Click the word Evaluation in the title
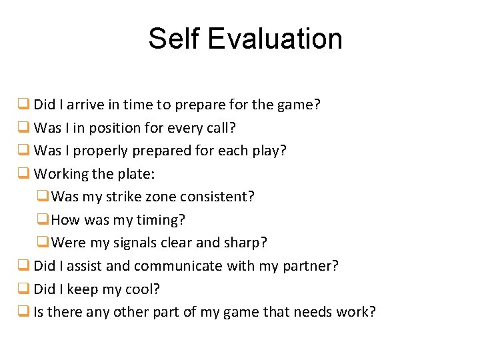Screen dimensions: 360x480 275,39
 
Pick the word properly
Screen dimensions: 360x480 101,151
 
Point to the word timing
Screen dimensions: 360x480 159,220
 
